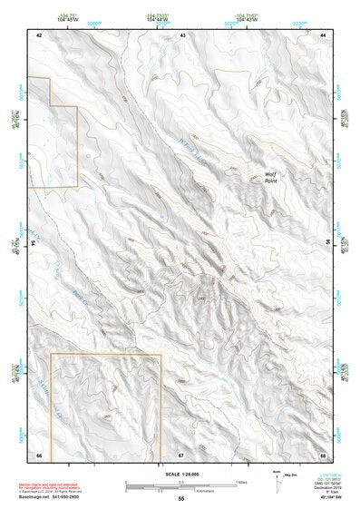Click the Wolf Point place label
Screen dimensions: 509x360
269,177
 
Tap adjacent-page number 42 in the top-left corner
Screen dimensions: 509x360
39,34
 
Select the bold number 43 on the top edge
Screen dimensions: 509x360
183,34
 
